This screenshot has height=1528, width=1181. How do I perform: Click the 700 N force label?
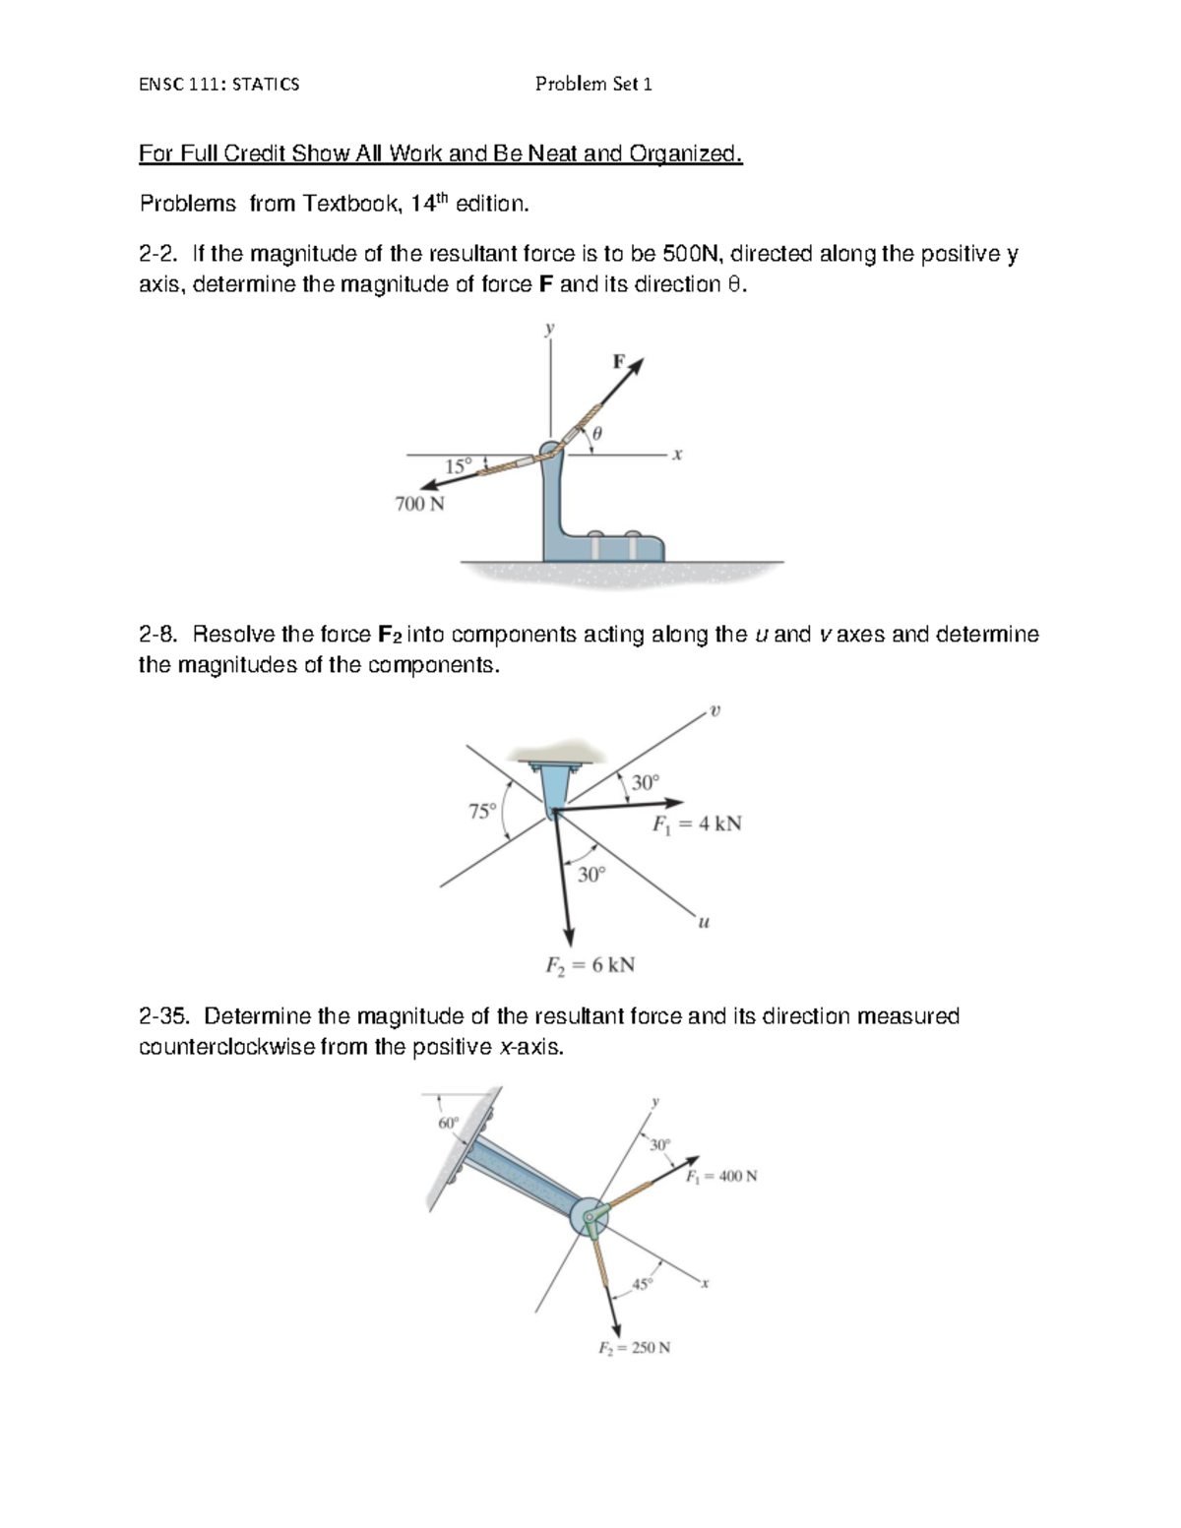[419, 504]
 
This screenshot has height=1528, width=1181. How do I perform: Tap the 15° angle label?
[458, 466]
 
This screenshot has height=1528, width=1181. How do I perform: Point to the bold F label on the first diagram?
[619, 361]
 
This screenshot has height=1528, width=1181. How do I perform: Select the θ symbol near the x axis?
[596, 433]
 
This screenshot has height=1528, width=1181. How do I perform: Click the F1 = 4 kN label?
[697, 824]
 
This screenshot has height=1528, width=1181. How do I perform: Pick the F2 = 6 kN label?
[590, 964]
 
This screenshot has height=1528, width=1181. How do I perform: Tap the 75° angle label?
[481, 812]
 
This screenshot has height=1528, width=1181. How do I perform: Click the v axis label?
[715, 709]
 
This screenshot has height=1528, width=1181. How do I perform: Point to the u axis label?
[703, 923]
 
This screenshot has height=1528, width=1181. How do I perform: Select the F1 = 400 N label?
[721, 1176]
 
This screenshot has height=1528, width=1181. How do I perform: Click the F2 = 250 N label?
[635, 1348]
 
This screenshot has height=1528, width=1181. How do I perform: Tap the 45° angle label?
[642, 1284]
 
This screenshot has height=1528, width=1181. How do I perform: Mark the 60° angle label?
[448, 1123]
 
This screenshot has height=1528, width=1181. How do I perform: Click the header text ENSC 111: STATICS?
[218, 85]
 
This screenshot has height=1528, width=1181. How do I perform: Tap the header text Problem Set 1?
[593, 85]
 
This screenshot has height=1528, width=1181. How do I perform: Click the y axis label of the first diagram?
[550, 329]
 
